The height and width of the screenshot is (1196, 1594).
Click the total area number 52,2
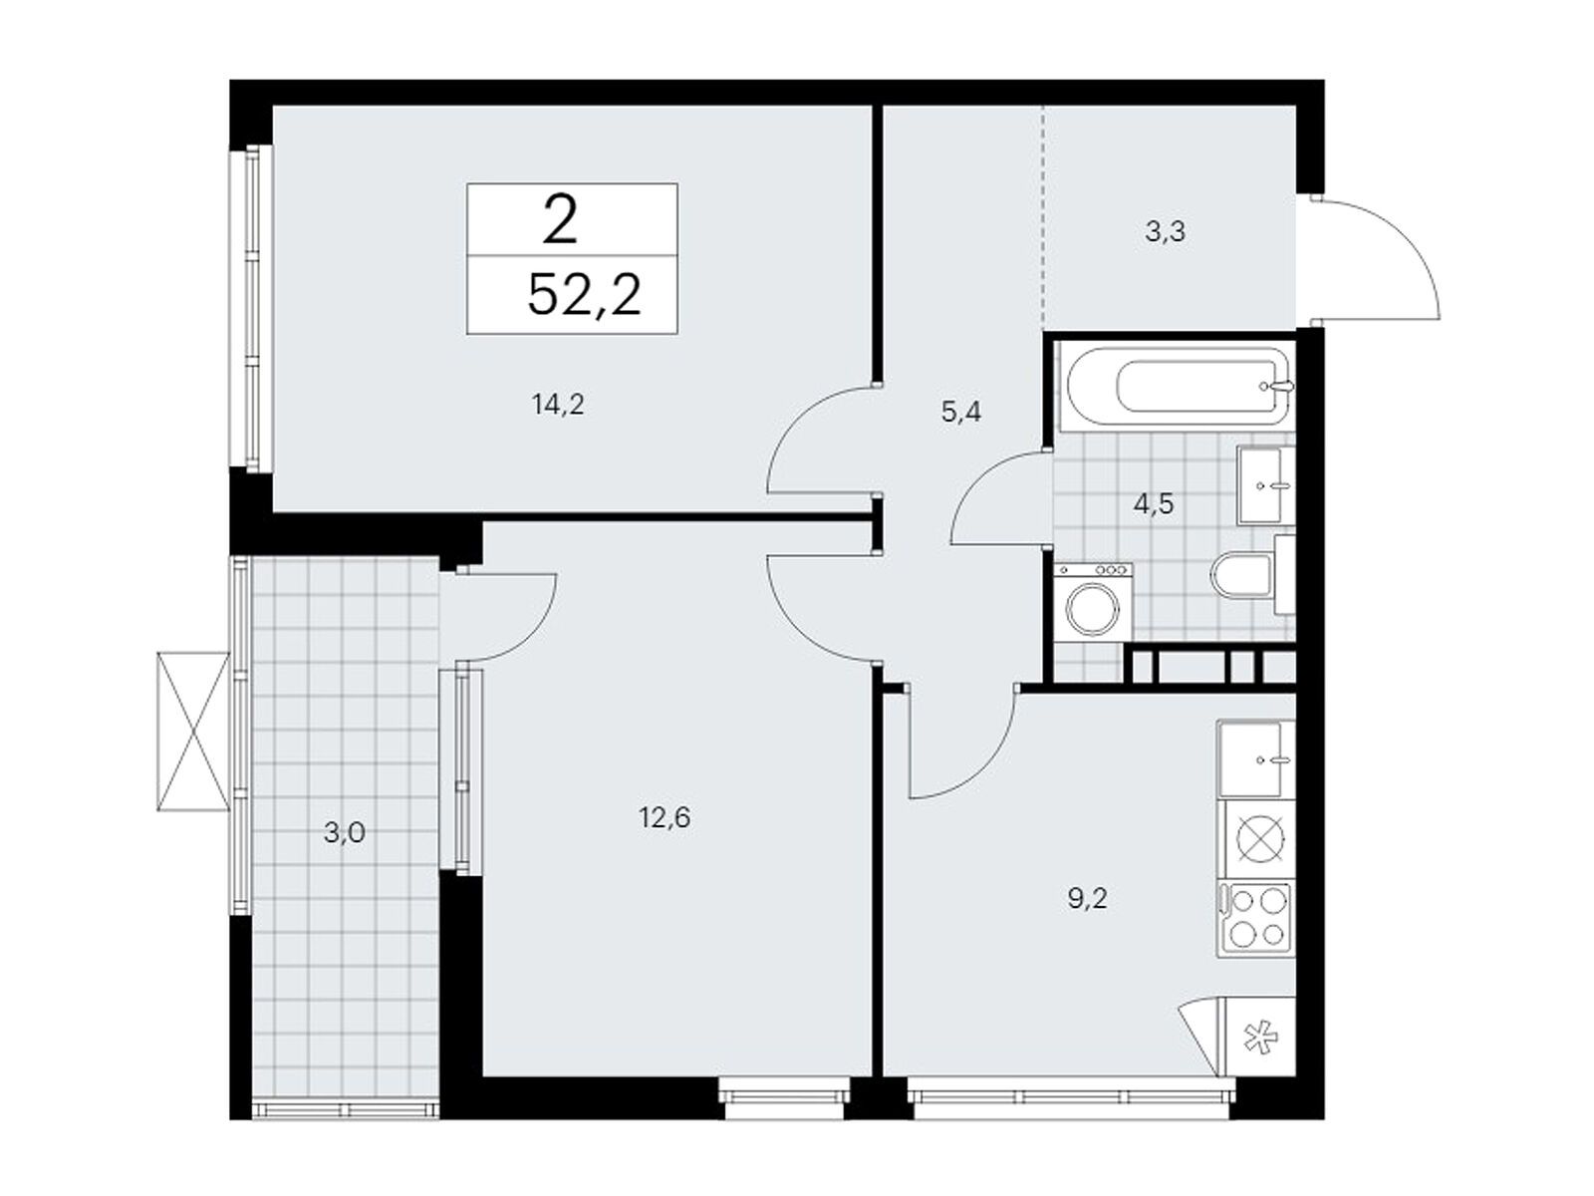click(x=584, y=295)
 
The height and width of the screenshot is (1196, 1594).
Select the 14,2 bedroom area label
click(x=558, y=405)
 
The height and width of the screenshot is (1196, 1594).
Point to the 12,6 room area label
click(x=664, y=818)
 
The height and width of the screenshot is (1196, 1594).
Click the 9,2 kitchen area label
click(x=1087, y=900)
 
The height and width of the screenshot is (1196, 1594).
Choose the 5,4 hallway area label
click(x=960, y=413)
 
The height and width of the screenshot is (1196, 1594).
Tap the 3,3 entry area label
click(x=1165, y=231)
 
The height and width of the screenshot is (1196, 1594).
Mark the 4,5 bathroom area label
click(x=1154, y=503)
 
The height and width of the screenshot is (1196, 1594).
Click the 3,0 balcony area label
click(x=345, y=833)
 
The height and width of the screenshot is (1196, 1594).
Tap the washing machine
click(x=1092, y=602)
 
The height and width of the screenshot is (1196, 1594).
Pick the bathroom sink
click(x=1266, y=485)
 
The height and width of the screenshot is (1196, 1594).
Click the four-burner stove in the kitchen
click(x=1256, y=919)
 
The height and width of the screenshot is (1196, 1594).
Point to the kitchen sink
click(x=1256, y=758)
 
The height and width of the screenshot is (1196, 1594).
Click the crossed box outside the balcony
click(x=193, y=732)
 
